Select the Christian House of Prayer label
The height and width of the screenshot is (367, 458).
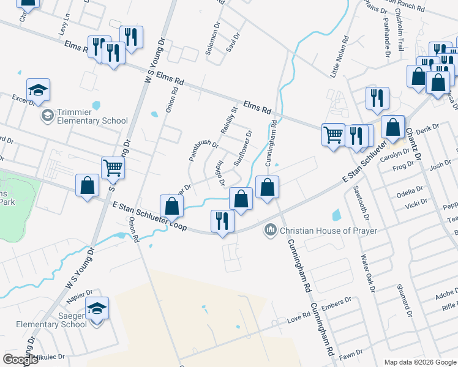328,231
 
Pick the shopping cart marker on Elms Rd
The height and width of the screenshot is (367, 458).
334,133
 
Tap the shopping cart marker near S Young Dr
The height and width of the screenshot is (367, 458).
113,166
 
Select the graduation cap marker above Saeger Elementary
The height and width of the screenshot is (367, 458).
97,308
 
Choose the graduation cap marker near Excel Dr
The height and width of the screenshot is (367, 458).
39,90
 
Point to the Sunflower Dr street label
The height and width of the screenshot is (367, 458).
242,148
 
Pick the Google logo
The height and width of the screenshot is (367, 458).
20,360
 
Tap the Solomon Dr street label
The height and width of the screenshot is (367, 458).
212,40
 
